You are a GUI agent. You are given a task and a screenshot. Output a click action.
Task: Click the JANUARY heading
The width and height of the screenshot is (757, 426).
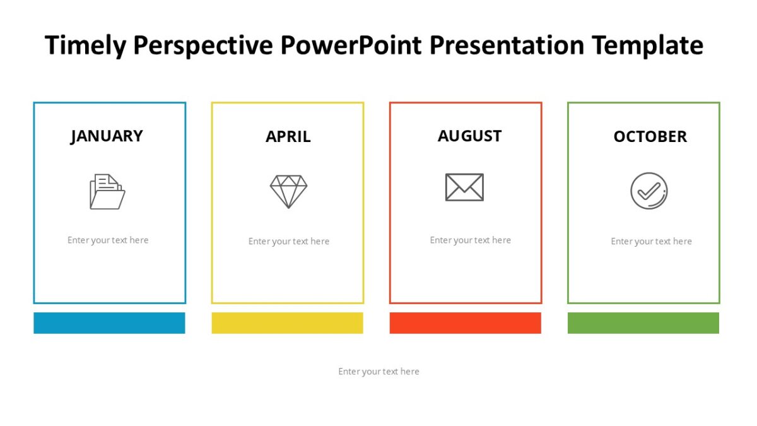pos(107,136)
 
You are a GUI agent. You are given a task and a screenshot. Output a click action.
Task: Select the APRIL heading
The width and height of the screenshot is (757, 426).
pos(288,137)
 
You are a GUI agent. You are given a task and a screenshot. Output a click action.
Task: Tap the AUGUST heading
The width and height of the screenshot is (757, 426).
pos(469,136)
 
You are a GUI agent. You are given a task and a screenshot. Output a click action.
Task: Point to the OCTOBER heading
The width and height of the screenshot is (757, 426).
pos(650,137)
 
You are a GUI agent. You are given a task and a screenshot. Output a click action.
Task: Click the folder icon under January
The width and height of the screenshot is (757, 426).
pos(107,191)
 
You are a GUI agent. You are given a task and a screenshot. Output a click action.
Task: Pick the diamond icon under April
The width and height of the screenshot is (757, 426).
pos(288,191)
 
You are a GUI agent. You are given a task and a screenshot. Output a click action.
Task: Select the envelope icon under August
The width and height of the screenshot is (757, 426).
pos(464,187)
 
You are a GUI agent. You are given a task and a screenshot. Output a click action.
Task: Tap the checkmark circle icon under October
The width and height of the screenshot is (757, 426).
pos(648,191)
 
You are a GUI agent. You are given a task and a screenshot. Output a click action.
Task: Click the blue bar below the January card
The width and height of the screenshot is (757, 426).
pos(109,322)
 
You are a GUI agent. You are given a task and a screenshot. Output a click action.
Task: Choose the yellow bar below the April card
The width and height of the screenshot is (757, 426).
pos(287,322)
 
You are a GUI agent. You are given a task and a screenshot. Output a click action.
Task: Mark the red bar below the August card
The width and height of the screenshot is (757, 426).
pos(465,322)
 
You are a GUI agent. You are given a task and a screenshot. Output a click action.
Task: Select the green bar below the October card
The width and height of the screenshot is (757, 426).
pos(643,322)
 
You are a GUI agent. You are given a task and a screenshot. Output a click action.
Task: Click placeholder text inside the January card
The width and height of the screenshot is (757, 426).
pos(108,240)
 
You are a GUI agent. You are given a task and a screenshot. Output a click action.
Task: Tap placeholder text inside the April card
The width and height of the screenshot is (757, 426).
pos(289,242)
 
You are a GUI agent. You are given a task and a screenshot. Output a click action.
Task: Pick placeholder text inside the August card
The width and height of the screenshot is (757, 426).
pos(470,240)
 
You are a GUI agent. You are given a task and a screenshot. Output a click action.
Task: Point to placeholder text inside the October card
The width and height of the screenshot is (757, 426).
pos(651,242)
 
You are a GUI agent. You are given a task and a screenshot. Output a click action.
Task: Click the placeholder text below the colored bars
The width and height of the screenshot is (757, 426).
pos(378,372)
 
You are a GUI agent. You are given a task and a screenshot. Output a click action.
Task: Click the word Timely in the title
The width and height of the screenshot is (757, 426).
pos(85,46)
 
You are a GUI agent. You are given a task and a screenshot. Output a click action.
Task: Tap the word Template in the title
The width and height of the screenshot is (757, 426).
pos(647,46)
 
